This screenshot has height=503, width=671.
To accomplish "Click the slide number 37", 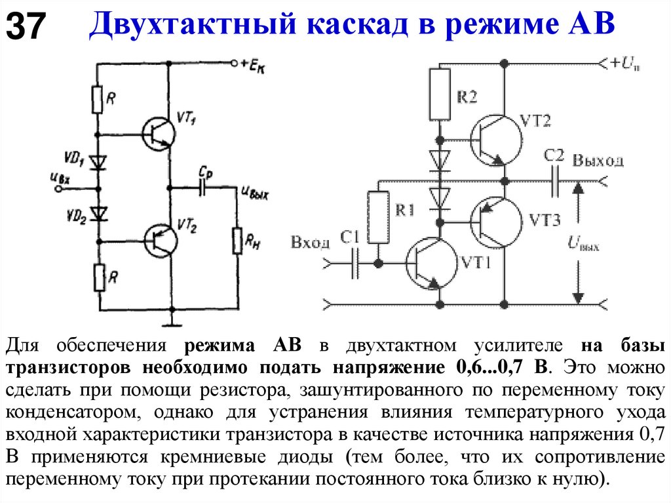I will tap(26, 28).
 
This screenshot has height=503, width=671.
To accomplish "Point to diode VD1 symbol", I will tap(99, 161).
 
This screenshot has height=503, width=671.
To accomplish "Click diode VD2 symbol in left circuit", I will tap(99, 213).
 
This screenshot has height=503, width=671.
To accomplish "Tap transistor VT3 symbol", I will tap(495, 222).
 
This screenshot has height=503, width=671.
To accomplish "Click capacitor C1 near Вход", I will tap(355, 263).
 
